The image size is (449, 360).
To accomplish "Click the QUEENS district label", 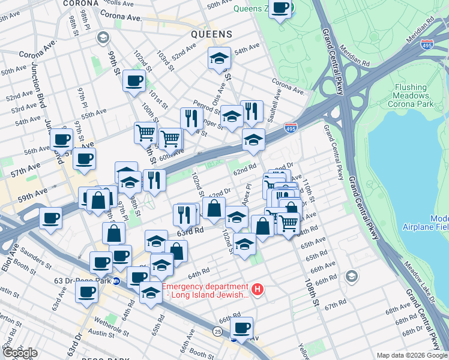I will click(211, 35).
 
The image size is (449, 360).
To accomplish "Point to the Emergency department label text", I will click(205, 290).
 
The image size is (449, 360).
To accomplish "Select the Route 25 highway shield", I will click(217, 331).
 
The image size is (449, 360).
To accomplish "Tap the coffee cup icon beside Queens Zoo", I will click(280, 8).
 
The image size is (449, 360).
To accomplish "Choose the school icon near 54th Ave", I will click(219, 58).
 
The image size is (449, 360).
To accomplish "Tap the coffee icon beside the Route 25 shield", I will click(241, 328).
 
